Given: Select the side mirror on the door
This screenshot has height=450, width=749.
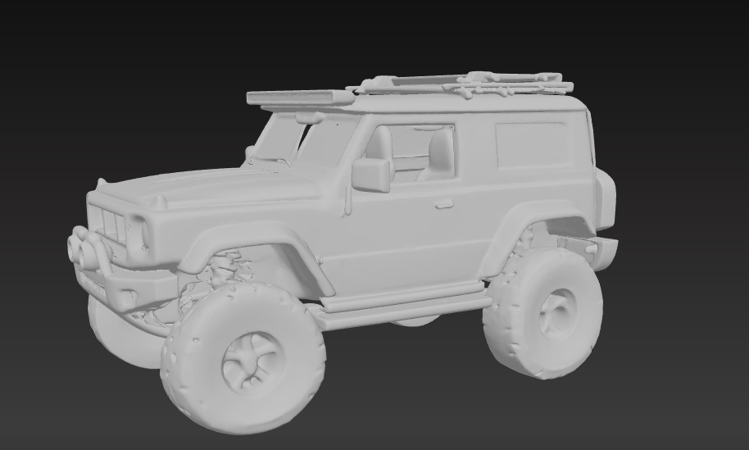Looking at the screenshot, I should (371, 174).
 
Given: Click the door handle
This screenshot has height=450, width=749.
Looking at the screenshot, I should (444, 203).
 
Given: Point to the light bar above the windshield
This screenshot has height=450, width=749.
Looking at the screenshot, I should (300, 98).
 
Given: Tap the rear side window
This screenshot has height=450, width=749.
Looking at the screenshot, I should (531, 145).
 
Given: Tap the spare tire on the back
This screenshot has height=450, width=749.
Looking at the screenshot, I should (606, 199).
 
